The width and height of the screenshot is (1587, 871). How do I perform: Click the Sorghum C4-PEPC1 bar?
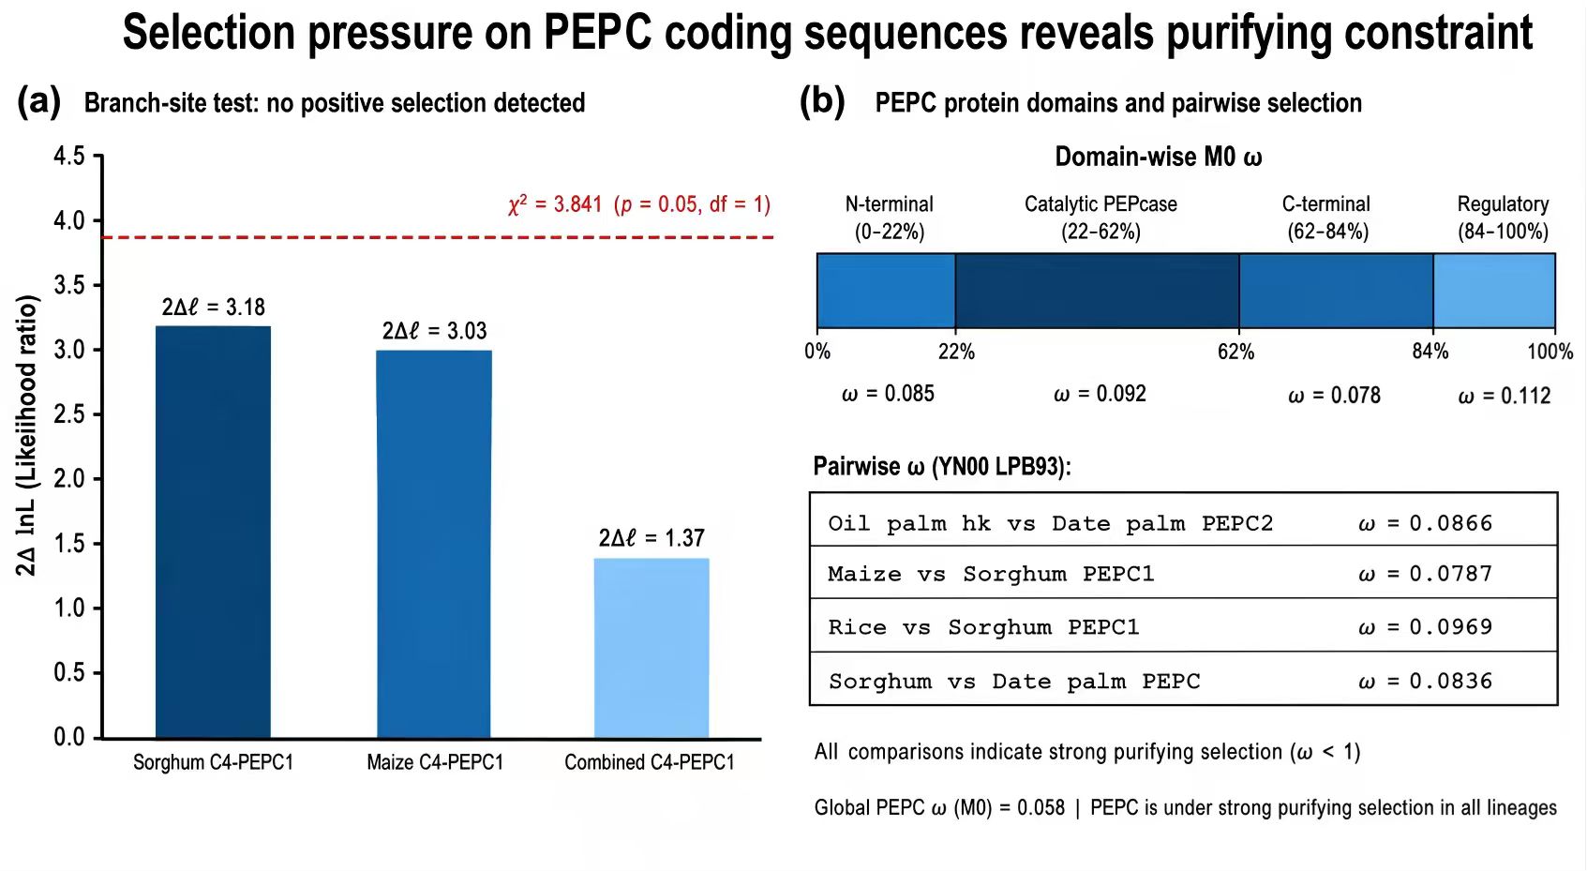213,532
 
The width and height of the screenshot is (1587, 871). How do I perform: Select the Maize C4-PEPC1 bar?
434,544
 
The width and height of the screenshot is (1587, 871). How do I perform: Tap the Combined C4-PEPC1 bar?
651,648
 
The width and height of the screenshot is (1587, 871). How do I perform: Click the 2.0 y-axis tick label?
68,479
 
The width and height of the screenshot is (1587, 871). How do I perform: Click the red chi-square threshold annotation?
639,204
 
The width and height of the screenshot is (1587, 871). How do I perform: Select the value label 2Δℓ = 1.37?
651,538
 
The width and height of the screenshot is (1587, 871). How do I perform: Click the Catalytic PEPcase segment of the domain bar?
1097,291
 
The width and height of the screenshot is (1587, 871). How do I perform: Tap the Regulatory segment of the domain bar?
1494,291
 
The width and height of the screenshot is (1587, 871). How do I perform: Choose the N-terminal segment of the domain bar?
886,291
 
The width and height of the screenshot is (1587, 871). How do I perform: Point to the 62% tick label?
1236,352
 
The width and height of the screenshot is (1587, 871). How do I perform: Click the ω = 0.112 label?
1505,396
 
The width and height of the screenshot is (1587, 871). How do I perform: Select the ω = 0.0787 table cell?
1426,574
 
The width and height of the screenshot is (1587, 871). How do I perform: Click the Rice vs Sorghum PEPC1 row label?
983,627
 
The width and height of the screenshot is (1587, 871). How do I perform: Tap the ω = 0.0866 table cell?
1426,524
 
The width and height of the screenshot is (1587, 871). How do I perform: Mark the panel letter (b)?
822,101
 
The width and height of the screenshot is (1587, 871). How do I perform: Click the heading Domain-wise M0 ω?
1159,157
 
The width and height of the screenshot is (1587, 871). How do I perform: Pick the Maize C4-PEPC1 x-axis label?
435,762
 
